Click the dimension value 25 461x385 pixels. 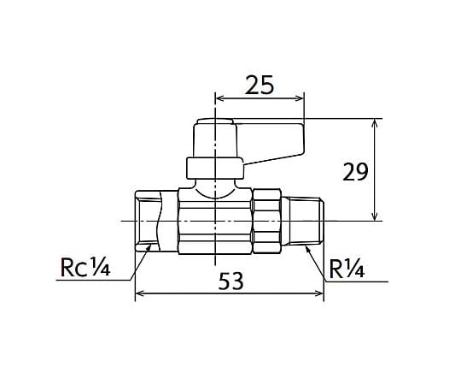[x=260, y=85]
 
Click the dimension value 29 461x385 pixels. [x=355, y=172]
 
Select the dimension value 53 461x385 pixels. [x=230, y=281]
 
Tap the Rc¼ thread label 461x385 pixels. [x=85, y=267]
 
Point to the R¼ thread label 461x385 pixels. [x=347, y=269]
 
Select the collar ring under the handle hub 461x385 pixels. [x=215, y=169]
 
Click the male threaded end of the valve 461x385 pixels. [x=306, y=221]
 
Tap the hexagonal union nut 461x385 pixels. [x=267, y=221]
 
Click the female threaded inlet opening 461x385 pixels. [x=148, y=221]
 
